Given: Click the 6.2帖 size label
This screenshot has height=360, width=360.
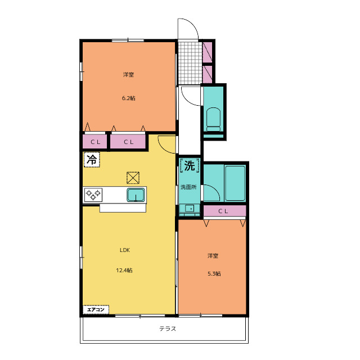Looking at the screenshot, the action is pyautogui.click(x=129, y=98).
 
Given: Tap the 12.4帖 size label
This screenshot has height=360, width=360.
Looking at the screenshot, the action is pyautogui.click(x=124, y=270).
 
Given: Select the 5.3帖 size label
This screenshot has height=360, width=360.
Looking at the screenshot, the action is pyautogui.click(x=214, y=274).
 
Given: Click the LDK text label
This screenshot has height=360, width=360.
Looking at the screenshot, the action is pyautogui.click(x=125, y=250).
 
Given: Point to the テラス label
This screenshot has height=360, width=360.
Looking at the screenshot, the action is pyautogui.click(x=168, y=328).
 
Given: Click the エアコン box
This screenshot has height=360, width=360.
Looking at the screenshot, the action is pyautogui.click(x=96, y=309).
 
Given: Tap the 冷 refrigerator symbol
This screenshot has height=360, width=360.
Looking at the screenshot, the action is pyautogui.click(x=92, y=160).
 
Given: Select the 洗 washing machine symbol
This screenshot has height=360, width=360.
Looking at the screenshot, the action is pyautogui.click(x=190, y=165).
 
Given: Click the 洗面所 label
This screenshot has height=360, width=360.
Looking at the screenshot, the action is pyautogui.click(x=188, y=187).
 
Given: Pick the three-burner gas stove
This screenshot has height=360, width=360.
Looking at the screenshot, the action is pyautogui.click(x=93, y=195).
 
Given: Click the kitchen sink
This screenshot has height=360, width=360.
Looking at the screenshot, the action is pyautogui.click(x=136, y=195).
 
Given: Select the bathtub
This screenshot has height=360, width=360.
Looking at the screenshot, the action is pyautogui.click(x=235, y=183).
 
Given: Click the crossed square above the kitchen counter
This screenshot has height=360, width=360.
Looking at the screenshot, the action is pyautogui.click(x=133, y=178).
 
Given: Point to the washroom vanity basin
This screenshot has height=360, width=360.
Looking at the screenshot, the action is pyautogui.click(x=190, y=209).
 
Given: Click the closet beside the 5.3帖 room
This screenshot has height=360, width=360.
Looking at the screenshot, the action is pyautogui.click(x=224, y=211).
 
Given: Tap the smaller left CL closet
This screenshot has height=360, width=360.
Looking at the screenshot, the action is pyautogui.click(x=95, y=142).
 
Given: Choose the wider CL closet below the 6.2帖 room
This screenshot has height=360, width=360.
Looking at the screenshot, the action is pyautogui.click(x=128, y=142).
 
